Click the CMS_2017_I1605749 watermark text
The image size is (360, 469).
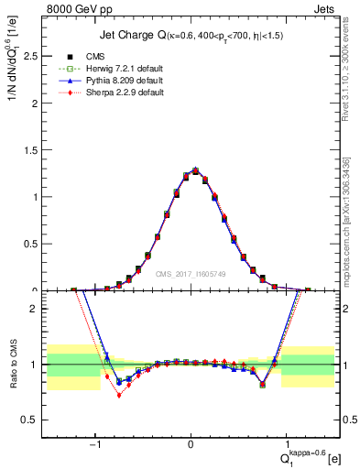click(x=191, y=273)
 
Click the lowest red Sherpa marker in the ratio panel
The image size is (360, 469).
click(x=119, y=395)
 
